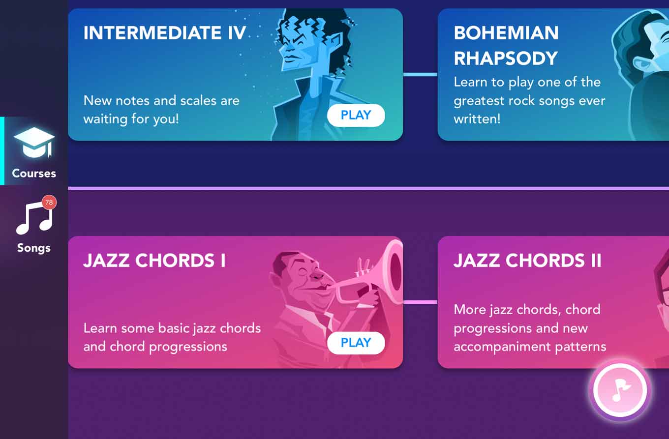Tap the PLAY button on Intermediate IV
pyautogui.click(x=356, y=115)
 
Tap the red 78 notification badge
pyautogui.click(x=49, y=203)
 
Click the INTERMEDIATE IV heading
pyautogui.click(x=165, y=32)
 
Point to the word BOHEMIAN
pyautogui.click(x=506, y=32)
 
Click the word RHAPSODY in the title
pyautogui.click(x=506, y=58)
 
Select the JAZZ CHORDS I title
pyautogui.click(x=154, y=261)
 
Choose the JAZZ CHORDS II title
pyautogui.click(x=527, y=261)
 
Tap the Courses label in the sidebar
pyautogui.click(x=34, y=174)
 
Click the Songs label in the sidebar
pyautogui.click(x=34, y=248)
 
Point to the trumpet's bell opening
pyautogui.click(x=395, y=272)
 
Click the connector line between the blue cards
pyautogui.click(x=420, y=74)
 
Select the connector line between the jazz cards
pyautogui.click(x=420, y=302)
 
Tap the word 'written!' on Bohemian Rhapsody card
pyautogui.click(x=477, y=119)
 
